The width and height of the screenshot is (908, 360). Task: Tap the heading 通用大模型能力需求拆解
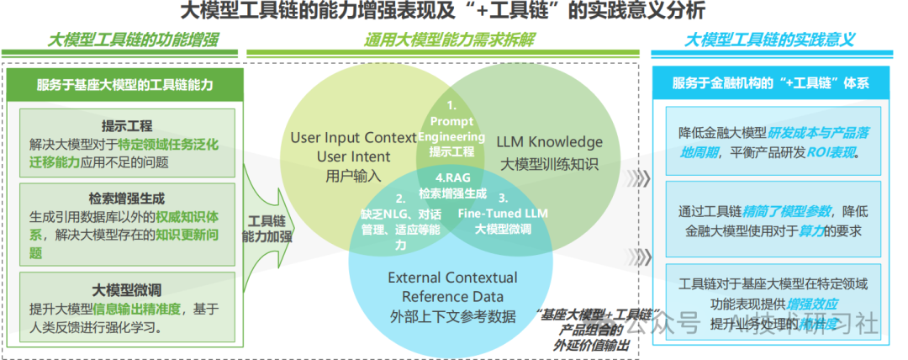(449, 40)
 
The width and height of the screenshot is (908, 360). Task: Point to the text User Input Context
(353, 137)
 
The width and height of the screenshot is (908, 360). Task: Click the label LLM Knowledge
(549, 142)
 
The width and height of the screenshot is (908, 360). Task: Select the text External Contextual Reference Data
(452, 287)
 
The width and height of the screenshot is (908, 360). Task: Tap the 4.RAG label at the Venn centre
(452, 178)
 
